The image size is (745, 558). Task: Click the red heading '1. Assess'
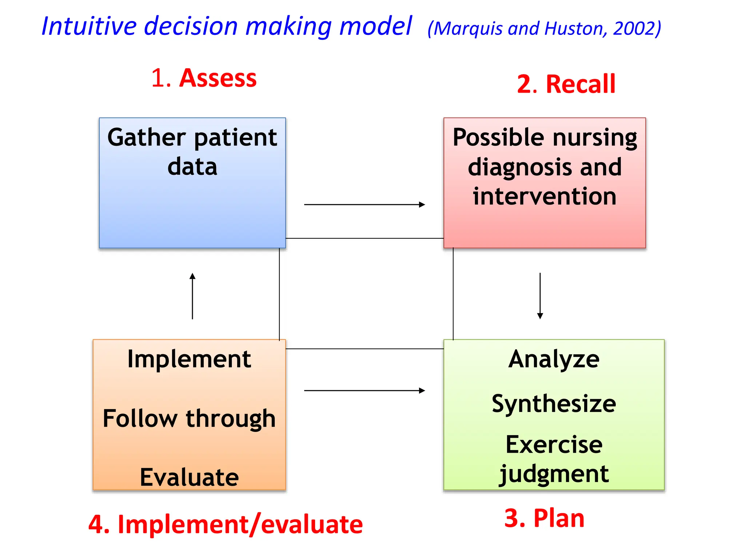click(x=204, y=78)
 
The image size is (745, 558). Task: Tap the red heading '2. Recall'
click(x=566, y=84)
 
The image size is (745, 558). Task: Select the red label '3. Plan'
click(x=544, y=518)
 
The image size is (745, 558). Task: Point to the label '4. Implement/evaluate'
click(x=226, y=525)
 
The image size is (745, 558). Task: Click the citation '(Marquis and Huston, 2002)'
click(x=544, y=28)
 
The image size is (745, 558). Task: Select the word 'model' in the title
click(x=375, y=26)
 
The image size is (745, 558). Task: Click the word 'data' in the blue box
click(x=192, y=167)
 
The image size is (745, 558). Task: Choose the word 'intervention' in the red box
click(x=545, y=197)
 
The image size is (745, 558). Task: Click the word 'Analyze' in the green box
click(x=554, y=359)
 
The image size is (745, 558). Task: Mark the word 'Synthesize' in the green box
click(x=554, y=404)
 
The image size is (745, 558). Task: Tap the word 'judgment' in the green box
click(x=554, y=474)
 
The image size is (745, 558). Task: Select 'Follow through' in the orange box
click(x=189, y=418)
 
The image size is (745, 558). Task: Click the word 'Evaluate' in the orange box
click(x=189, y=477)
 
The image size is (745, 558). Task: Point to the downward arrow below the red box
click(x=540, y=296)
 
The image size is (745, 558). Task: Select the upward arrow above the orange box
click(x=192, y=296)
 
